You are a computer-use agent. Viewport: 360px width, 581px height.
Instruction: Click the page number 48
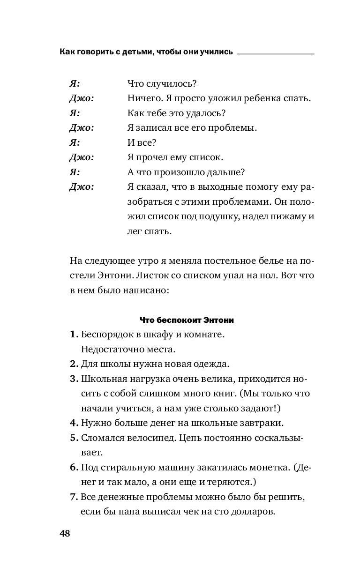[x=65, y=534]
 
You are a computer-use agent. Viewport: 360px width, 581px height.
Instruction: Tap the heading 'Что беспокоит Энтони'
[x=187, y=320]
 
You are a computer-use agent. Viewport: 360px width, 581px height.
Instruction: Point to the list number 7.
[x=73, y=497]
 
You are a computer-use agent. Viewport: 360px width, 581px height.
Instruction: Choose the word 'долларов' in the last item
[x=253, y=511]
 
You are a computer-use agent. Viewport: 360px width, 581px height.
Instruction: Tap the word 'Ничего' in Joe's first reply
[x=142, y=98]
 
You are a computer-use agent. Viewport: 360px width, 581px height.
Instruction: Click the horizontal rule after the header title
[x=275, y=54]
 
